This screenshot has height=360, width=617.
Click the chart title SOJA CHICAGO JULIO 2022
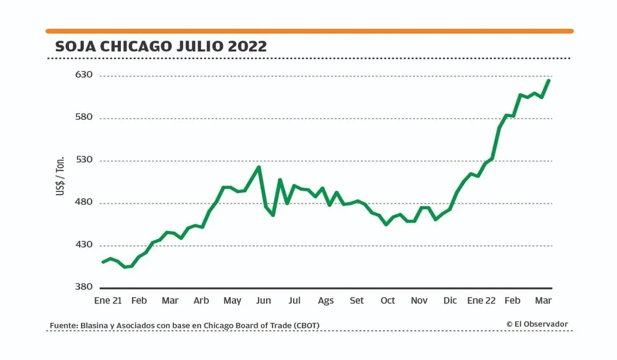click(x=161, y=46)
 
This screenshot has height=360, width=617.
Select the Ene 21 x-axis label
click(x=107, y=301)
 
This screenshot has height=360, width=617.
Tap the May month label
click(x=232, y=301)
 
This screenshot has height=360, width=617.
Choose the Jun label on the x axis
click(x=263, y=301)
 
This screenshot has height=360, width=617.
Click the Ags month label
click(x=326, y=301)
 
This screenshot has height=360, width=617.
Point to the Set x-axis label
click(x=357, y=301)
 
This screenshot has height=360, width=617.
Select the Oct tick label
click(x=387, y=301)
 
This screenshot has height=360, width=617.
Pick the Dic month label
click(x=450, y=301)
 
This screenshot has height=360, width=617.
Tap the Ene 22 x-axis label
click(x=481, y=301)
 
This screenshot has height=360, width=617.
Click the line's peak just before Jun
click(x=259, y=167)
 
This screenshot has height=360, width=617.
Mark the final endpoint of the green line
click(x=549, y=80)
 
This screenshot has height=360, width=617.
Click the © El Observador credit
click(x=537, y=324)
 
